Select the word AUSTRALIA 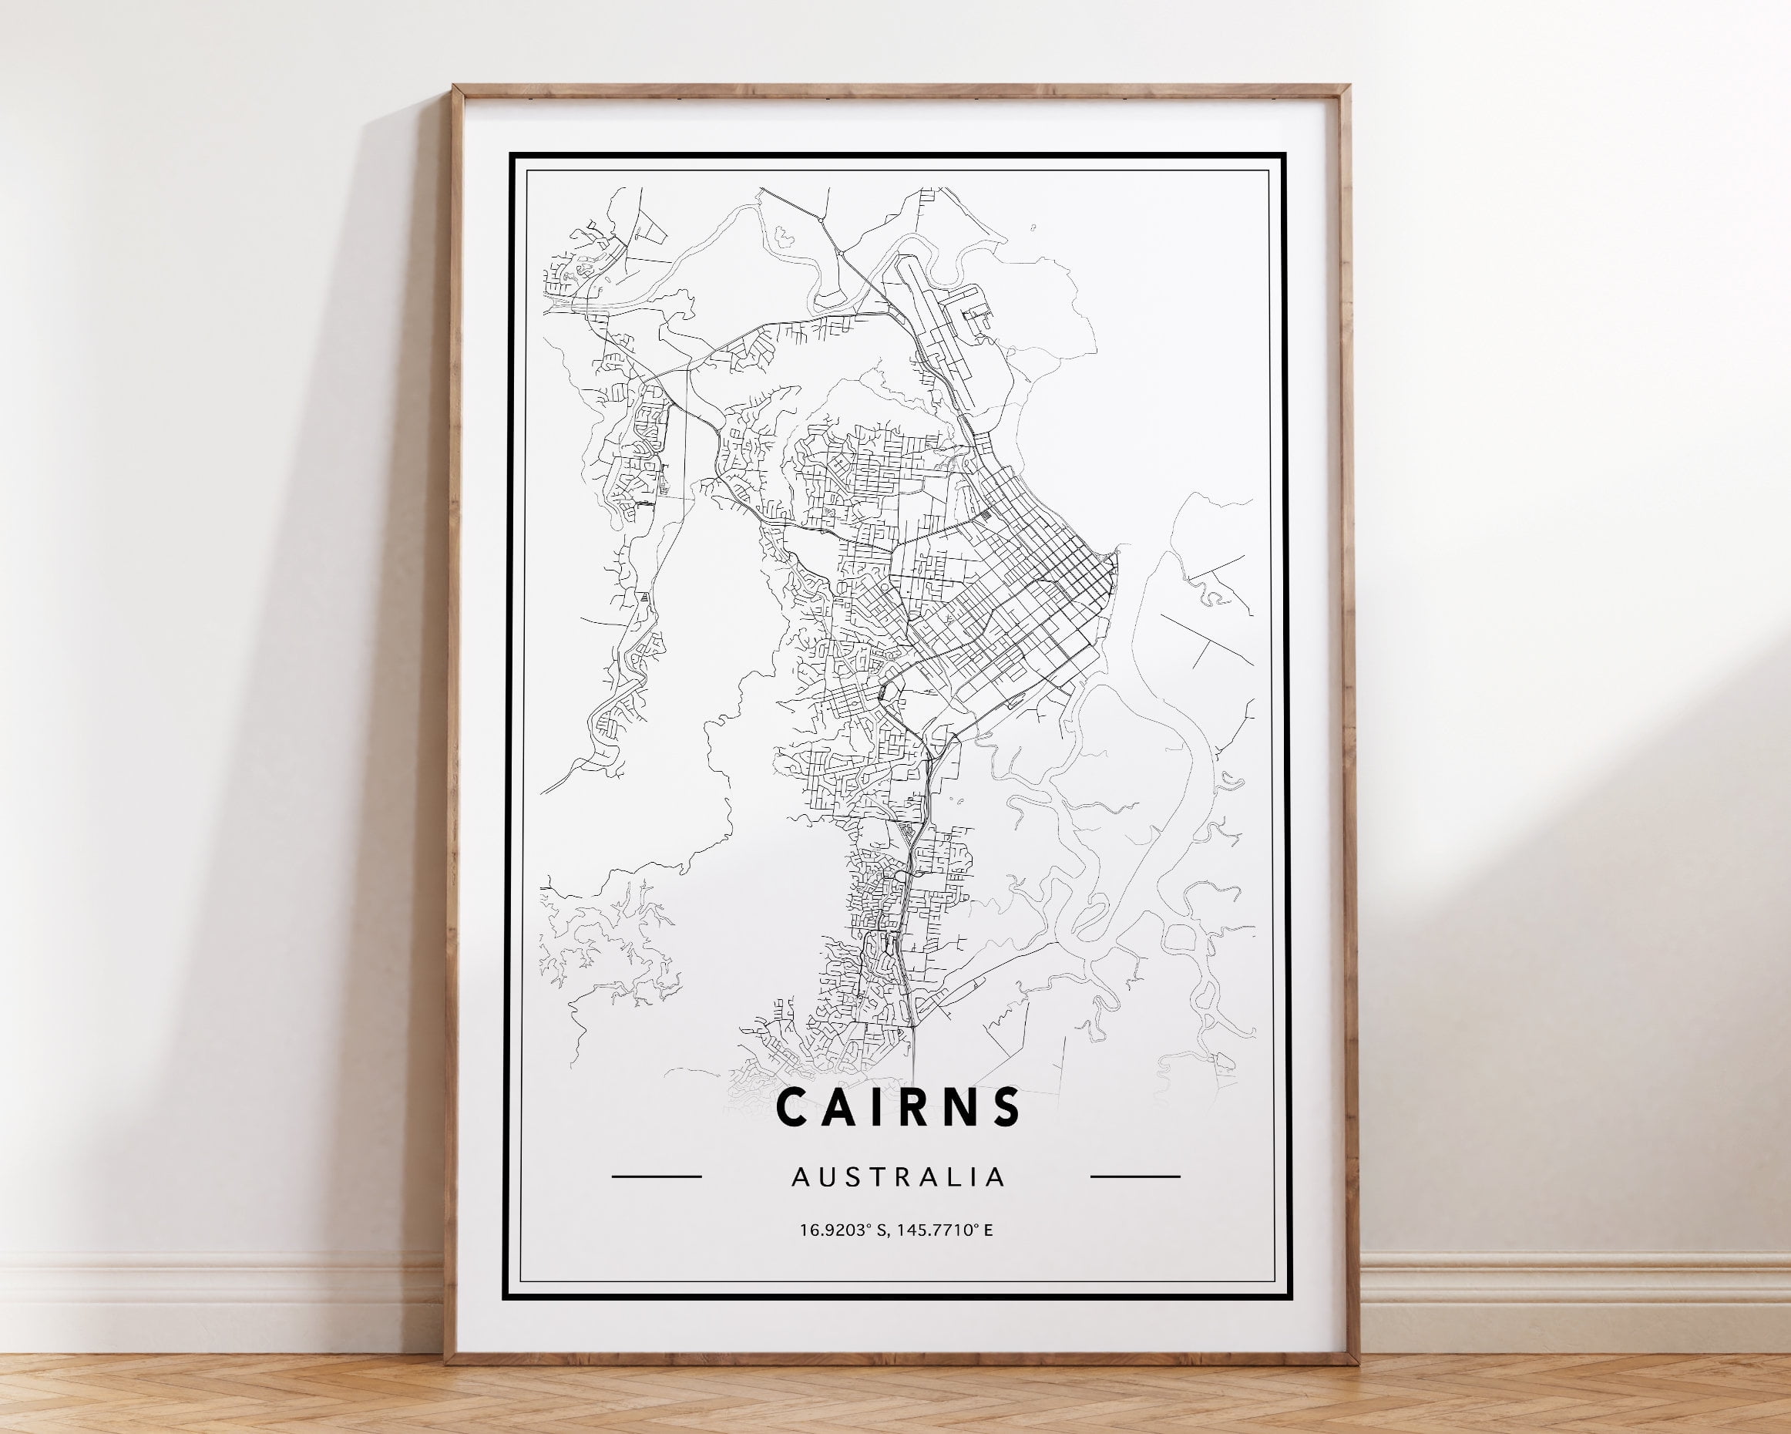[x=898, y=1177]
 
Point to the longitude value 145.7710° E [x=945, y=1229]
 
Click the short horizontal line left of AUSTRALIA [x=657, y=1176]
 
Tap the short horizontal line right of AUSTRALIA [x=1134, y=1176]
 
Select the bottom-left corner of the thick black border [x=506, y=1298]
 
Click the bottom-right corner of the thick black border [x=1289, y=1298]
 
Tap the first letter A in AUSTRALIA [x=799, y=1177]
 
